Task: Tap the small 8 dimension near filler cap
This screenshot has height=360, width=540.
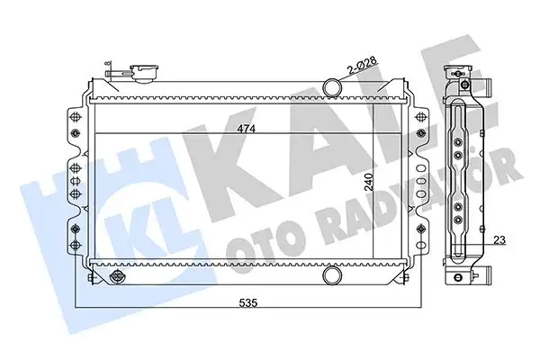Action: [x=107, y=64]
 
